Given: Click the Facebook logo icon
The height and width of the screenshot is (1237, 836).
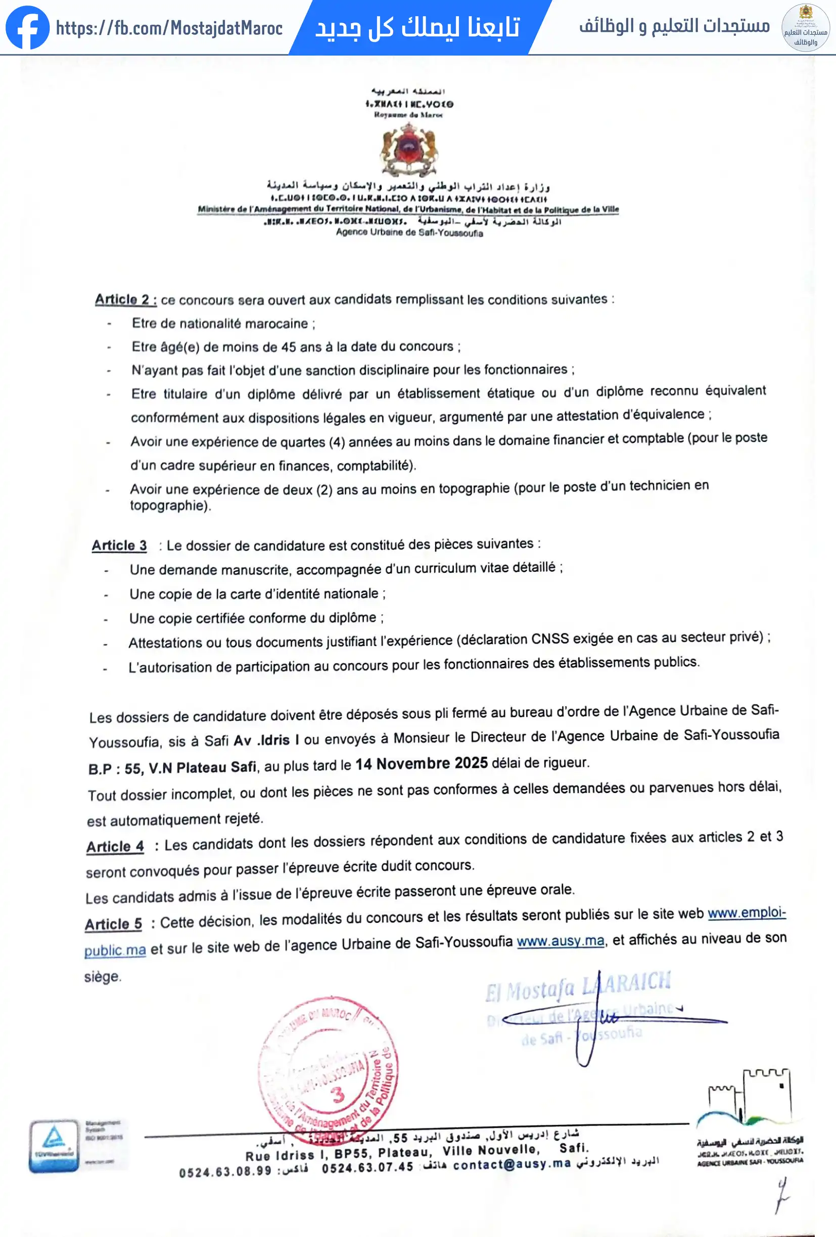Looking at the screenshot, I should (27, 28).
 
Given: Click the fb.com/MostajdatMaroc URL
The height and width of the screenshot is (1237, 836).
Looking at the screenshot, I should (169, 28).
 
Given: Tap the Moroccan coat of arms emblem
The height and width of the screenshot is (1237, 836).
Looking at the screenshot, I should (409, 150).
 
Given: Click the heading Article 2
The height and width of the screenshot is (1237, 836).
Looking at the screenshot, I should (126, 300).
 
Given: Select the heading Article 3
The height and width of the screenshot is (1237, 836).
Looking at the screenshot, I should (119, 546).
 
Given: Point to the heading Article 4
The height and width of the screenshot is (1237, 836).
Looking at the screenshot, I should (115, 847).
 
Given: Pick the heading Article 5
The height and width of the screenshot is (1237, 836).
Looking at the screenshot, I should (113, 923).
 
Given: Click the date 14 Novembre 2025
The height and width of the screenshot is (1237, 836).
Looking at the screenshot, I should (421, 764).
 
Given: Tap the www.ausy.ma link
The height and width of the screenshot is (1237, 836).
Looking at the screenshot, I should (560, 941).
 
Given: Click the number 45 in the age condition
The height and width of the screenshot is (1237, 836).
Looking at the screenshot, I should (289, 347).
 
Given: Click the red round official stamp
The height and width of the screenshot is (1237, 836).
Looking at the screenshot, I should (328, 1070).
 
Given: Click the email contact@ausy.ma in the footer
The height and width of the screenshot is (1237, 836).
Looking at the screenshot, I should (512, 1164).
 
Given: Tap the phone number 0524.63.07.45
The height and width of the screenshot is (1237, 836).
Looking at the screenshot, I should (367, 1167).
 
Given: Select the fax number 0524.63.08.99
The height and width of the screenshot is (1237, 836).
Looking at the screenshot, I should (225, 1171).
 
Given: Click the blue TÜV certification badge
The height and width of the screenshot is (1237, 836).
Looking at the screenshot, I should (54, 1146).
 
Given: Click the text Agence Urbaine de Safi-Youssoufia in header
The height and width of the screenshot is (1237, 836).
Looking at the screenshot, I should (409, 233).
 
